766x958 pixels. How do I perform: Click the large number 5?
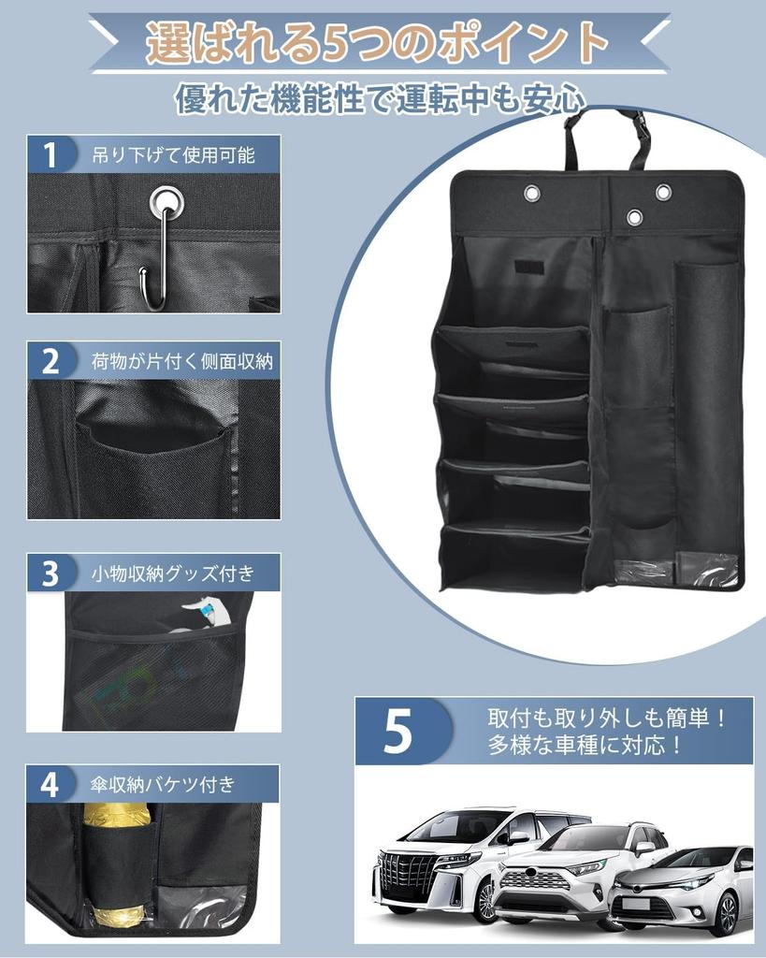tap(398, 733)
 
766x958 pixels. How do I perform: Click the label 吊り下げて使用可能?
tap(173, 154)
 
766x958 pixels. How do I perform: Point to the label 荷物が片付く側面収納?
tap(182, 361)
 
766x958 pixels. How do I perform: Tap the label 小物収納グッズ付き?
tap(173, 573)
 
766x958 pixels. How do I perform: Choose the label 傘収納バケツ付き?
tap(164, 784)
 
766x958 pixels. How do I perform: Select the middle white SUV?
tap(571, 875)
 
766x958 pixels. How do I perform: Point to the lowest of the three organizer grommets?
tap(635, 217)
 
